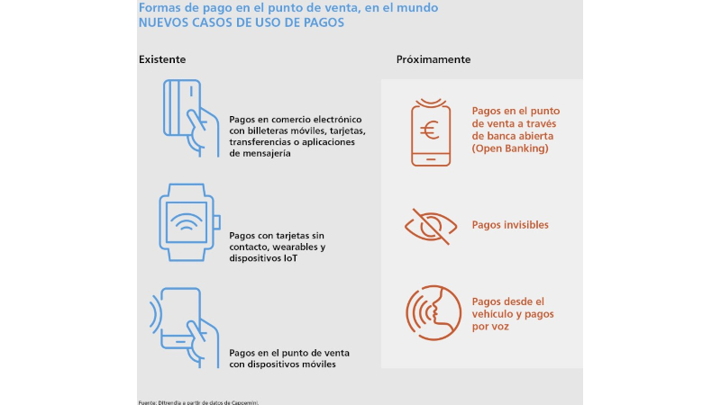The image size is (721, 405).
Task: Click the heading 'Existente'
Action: pyautogui.click(x=162, y=59)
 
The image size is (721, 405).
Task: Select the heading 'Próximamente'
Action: pyautogui.click(x=434, y=59)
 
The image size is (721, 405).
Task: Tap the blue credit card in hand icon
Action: pyautogui.click(x=191, y=118)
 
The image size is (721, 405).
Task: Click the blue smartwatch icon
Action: pyautogui.click(x=189, y=222)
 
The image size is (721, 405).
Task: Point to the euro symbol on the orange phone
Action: pyautogui.click(x=430, y=130)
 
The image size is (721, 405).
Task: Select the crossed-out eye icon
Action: pyautogui.click(x=431, y=227)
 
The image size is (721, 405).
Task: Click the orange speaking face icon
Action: pyautogui.click(x=434, y=312)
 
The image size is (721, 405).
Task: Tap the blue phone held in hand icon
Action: pyautogui.click(x=185, y=328)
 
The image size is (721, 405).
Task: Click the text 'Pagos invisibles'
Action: pyautogui.click(x=510, y=224)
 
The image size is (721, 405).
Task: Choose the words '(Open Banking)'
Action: pyautogui.click(x=510, y=148)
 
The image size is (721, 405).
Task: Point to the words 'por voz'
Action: pyautogui.click(x=490, y=327)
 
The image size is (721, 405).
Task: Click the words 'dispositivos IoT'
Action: pyautogui.click(x=263, y=258)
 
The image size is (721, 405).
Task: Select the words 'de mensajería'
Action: pyautogui.click(x=260, y=153)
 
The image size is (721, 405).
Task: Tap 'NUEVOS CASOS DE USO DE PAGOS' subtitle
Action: pyautogui.click(x=242, y=22)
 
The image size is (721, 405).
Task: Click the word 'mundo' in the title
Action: pyautogui.click(x=419, y=8)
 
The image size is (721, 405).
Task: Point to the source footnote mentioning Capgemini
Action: pyautogui.click(x=198, y=402)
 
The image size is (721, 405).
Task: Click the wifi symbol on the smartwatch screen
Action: pyautogui.click(x=187, y=222)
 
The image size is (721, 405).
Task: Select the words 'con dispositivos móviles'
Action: pyautogui.click(x=282, y=364)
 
